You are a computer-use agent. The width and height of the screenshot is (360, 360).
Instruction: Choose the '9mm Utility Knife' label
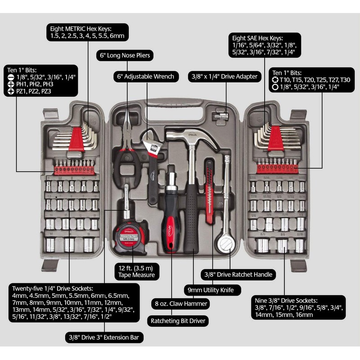pyautogui.click(x=211, y=289)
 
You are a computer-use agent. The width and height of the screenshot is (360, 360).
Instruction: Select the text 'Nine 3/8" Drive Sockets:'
pyautogui.click(x=284, y=300)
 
